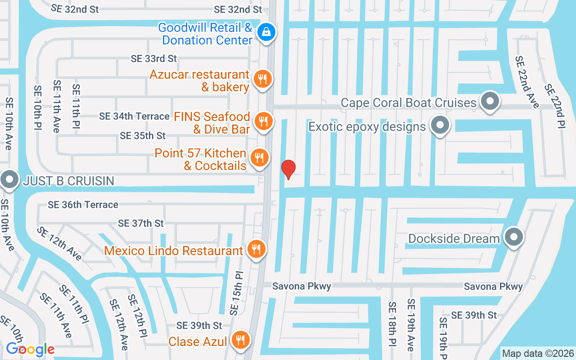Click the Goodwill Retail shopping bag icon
(266, 32)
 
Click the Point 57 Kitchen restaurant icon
(259, 158)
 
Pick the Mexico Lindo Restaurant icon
(256, 248)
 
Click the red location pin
(288, 169)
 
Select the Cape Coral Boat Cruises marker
(490, 101)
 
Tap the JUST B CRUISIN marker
(9, 180)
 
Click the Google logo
(30, 349)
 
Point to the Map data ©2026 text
(538, 354)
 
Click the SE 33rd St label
(154, 58)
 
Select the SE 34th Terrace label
(134, 117)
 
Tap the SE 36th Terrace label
(83, 205)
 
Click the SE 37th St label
(141, 223)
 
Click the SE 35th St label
(143, 135)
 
